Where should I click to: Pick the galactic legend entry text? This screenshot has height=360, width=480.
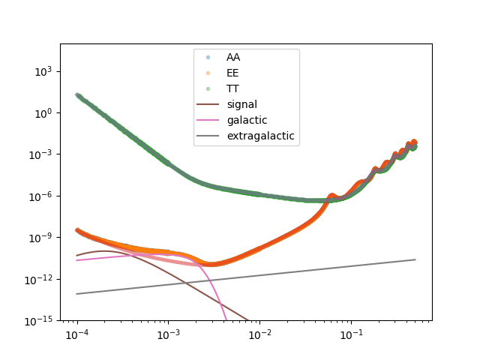click(x=247, y=120)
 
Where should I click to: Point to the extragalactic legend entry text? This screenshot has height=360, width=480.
click(x=260, y=136)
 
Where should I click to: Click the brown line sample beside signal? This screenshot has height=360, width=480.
click(x=208, y=104)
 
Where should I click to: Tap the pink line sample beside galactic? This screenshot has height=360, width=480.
click(x=208, y=120)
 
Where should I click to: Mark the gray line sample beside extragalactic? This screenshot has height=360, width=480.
click(x=208, y=136)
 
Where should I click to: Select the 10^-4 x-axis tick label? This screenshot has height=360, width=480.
click(x=76, y=334)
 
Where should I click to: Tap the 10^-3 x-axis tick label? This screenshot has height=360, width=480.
click(x=168, y=334)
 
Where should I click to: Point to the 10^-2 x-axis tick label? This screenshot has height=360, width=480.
click(x=259, y=334)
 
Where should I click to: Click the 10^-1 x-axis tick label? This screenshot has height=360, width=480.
click(x=350, y=334)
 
